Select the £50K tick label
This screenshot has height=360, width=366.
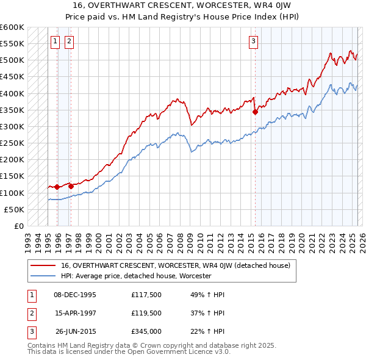click(x=15, y=209)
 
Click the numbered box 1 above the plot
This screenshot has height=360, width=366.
click(x=55, y=41)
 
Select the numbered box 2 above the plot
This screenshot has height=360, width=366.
click(x=69, y=41)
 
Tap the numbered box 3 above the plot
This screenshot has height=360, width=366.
click(x=253, y=41)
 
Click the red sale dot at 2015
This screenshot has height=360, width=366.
click(x=255, y=112)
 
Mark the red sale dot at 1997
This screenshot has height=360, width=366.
click(x=71, y=186)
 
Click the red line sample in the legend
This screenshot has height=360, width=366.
click(x=44, y=265)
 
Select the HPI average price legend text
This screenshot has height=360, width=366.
click(x=135, y=276)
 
